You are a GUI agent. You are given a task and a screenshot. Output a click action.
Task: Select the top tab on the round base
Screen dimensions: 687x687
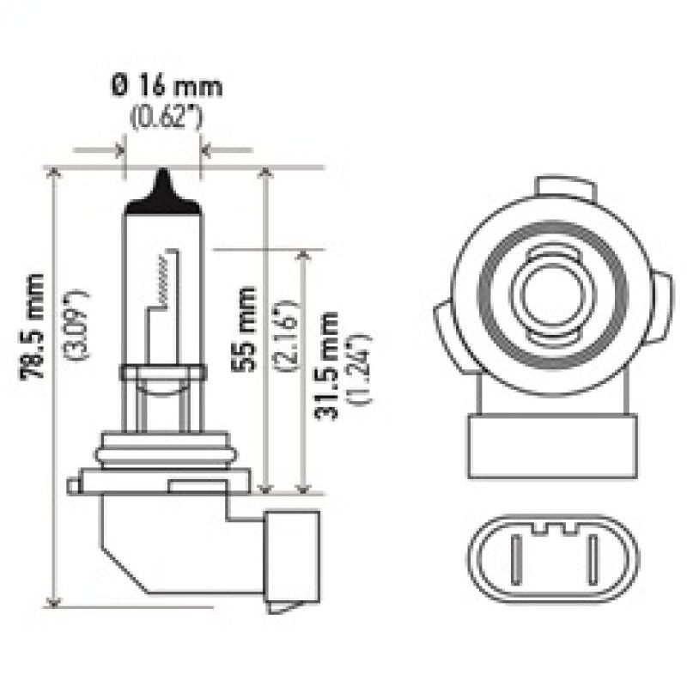(563, 188)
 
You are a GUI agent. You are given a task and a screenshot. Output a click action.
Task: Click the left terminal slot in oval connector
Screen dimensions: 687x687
(517, 558)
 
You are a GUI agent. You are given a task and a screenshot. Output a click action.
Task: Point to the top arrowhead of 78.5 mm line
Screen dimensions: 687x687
(57, 173)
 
